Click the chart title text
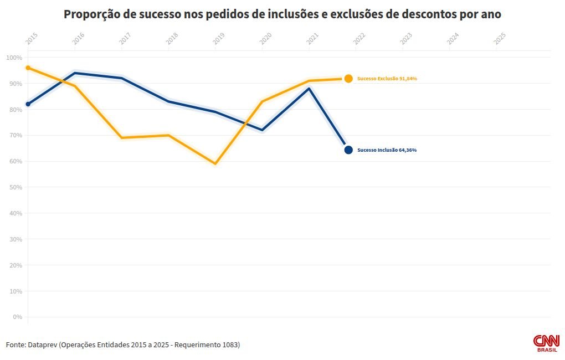(x=282, y=14)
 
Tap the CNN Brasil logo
(x=546, y=343)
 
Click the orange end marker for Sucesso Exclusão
(x=348, y=79)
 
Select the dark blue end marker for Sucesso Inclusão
(x=348, y=150)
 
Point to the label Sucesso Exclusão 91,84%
(x=387, y=79)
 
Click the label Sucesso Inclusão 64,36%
(x=387, y=150)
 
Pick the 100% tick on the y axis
(x=14, y=58)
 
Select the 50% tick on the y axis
(x=15, y=187)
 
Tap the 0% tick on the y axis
(x=17, y=317)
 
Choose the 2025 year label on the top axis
(x=500, y=39)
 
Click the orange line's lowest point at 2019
(x=215, y=163)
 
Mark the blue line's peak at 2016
(x=75, y=73)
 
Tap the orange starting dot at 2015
(x=28, y=68)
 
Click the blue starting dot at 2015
(x=28, y=104)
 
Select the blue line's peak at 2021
(x=309, y=89)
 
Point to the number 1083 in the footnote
(x=229, y=344)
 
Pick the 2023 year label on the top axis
(x=406, y=39)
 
